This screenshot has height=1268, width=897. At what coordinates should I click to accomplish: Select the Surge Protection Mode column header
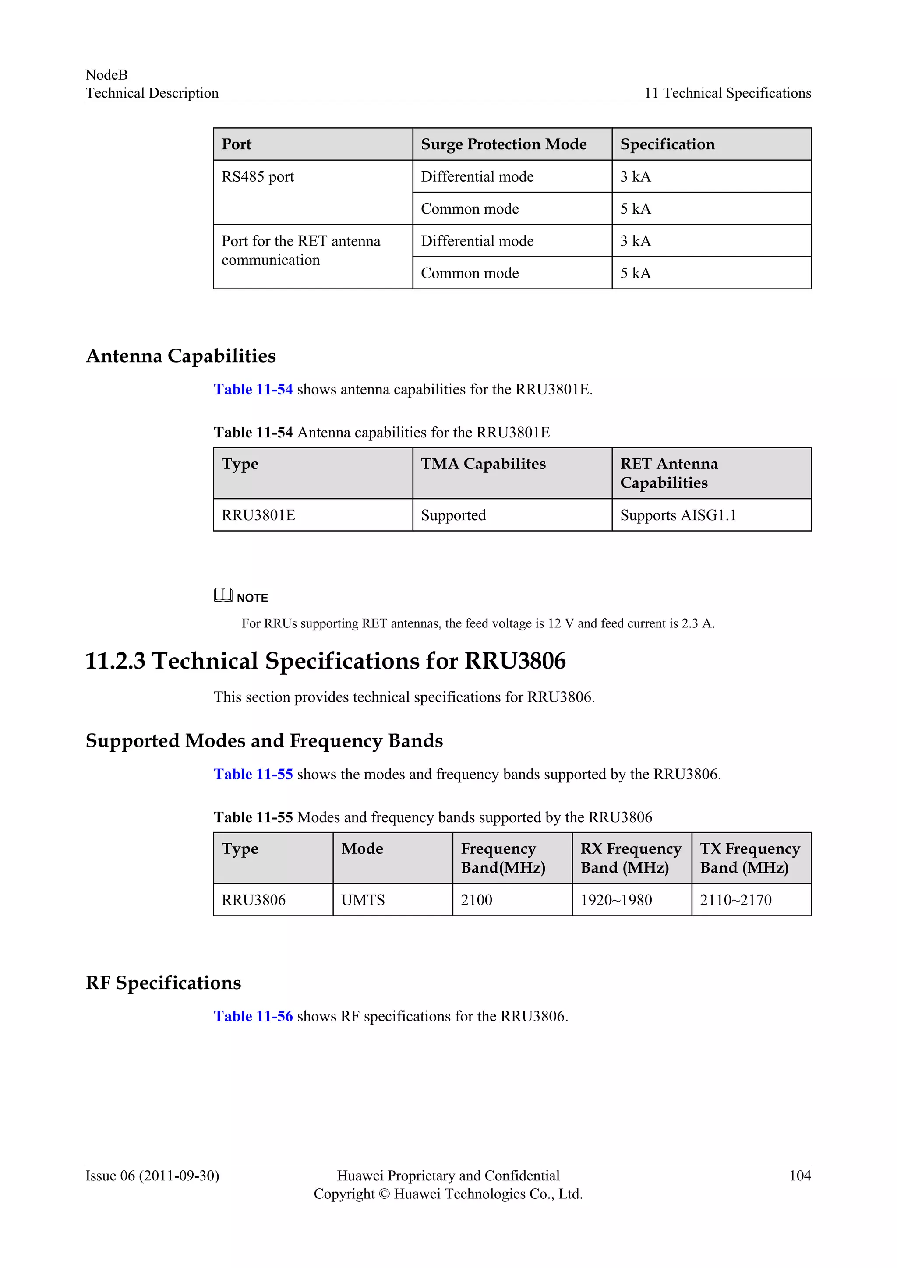point(503,144)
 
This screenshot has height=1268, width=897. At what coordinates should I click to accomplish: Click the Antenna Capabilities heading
point(180,356)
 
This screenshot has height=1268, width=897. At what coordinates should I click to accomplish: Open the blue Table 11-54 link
point(253,389)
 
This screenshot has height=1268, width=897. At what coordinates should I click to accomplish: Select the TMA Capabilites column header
point(483,464)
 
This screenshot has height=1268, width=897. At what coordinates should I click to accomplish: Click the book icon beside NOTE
point(222,595)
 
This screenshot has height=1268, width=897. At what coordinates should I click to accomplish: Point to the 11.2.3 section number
point(115,661)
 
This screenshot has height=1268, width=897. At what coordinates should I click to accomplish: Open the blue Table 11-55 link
point(253,774)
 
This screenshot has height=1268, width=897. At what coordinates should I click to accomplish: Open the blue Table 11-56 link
point(253,1016)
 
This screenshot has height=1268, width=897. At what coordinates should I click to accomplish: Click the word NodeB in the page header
point(106,74)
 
